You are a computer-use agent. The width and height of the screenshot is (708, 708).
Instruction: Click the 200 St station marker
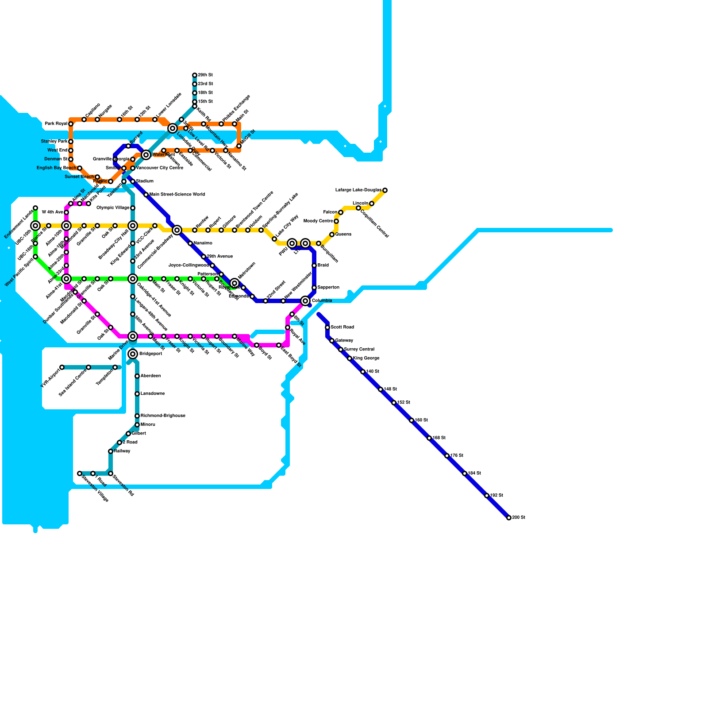click(509, 518)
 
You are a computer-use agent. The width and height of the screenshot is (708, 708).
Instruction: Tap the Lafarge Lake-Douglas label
click(358, 190)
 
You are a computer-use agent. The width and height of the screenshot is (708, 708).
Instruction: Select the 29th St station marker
click(195, 75)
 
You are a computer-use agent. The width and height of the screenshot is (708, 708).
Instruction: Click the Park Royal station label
click(56, 124)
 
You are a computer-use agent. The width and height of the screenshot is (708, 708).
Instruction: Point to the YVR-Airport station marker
click(62, 367)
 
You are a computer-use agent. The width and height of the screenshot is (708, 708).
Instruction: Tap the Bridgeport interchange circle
click(133, 354)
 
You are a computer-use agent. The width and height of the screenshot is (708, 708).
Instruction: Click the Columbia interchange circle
click(305, 301)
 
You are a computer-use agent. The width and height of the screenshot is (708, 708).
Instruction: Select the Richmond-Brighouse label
click(163, 416)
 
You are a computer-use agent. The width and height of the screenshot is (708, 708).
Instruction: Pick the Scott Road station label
click(342, 327)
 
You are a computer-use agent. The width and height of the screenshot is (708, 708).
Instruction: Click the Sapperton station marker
click(314, 288)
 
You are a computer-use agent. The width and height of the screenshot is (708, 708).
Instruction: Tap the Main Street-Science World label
click(177, 195)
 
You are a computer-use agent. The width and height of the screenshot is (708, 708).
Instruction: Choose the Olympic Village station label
click(113, 208)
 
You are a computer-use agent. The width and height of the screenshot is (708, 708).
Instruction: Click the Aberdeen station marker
click(137, 376)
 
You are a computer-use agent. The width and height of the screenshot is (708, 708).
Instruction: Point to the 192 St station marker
click(487, 496)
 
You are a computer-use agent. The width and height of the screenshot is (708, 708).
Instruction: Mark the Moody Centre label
click(318, 221)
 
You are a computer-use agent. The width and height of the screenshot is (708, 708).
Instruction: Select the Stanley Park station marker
click(71, 142)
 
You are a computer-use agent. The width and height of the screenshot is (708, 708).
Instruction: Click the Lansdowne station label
click(153, 394)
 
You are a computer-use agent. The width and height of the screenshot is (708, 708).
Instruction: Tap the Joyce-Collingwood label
click(189, 265)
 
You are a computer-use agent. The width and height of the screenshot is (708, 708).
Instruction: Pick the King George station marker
click(350, 358)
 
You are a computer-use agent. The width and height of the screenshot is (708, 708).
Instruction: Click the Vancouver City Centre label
click(159, 168)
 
